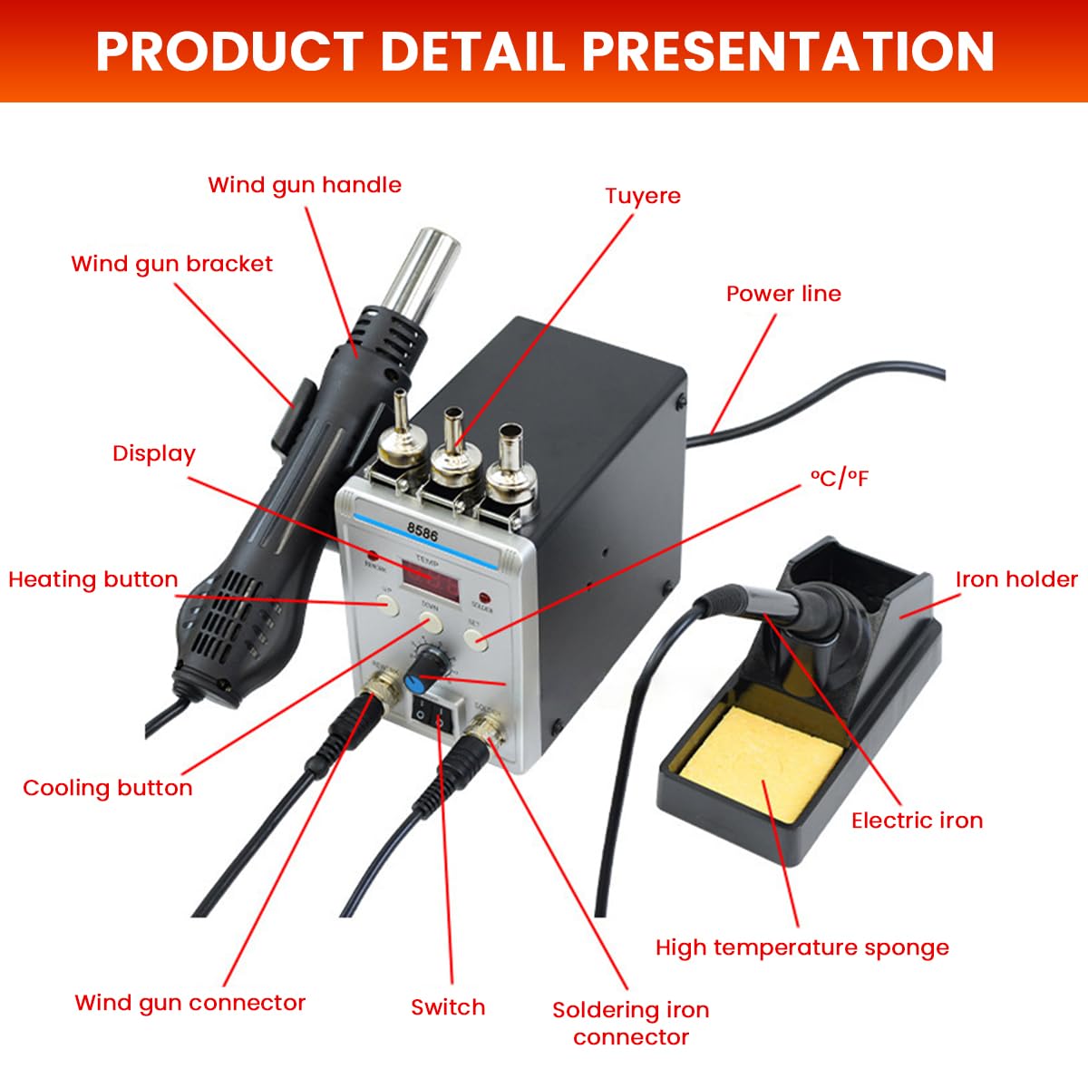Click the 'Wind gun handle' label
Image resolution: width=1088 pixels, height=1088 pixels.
[305, 185]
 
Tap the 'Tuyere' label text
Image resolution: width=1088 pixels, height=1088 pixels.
[643, 196]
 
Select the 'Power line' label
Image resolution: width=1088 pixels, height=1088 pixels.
[783, 294]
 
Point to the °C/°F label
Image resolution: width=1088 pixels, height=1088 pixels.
[840, 479]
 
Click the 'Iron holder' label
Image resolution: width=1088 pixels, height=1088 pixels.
[1016, 579]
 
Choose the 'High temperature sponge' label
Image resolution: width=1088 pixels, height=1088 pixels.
[802, 948]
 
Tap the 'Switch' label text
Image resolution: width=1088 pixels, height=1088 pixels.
[448, 1007]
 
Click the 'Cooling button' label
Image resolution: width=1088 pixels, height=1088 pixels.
[108, 788]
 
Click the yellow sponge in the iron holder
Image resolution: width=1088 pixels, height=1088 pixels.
[763, 763]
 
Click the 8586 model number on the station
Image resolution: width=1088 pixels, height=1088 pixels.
[423, 534]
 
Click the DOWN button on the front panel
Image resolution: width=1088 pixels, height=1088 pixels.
[430, 622]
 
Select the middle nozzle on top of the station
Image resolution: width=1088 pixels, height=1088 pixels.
[453, 444]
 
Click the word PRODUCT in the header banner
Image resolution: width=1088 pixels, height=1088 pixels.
[230, 51]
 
